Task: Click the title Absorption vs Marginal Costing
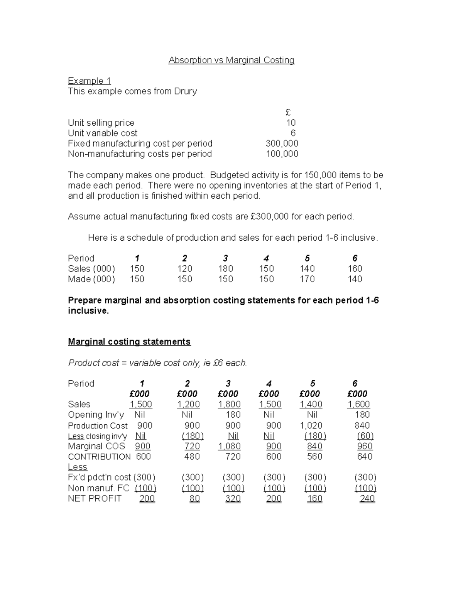tap(231, 60)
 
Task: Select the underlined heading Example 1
tap(89, 81)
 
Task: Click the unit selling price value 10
tap(291, 123)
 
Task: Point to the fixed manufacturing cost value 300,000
tap(282, 143)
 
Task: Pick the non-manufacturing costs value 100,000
tap(282, 154)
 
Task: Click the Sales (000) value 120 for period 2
tap(184, 269)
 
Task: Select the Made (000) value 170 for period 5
tap(307, 279)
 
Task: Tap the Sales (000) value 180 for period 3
tap(225, 269)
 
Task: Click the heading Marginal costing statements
tap(129, 342)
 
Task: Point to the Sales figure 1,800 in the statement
tap(229, 404)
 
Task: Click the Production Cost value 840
tap(362, 425)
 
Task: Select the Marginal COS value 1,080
tap(229, 446)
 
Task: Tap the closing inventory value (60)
tap(365, 436)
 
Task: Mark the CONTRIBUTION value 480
tap(192, 457)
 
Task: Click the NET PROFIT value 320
tap(233, 499)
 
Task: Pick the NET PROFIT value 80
tap(194, 499)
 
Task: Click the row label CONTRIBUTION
tap(99, 457)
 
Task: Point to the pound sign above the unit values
tap(288, 112)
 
